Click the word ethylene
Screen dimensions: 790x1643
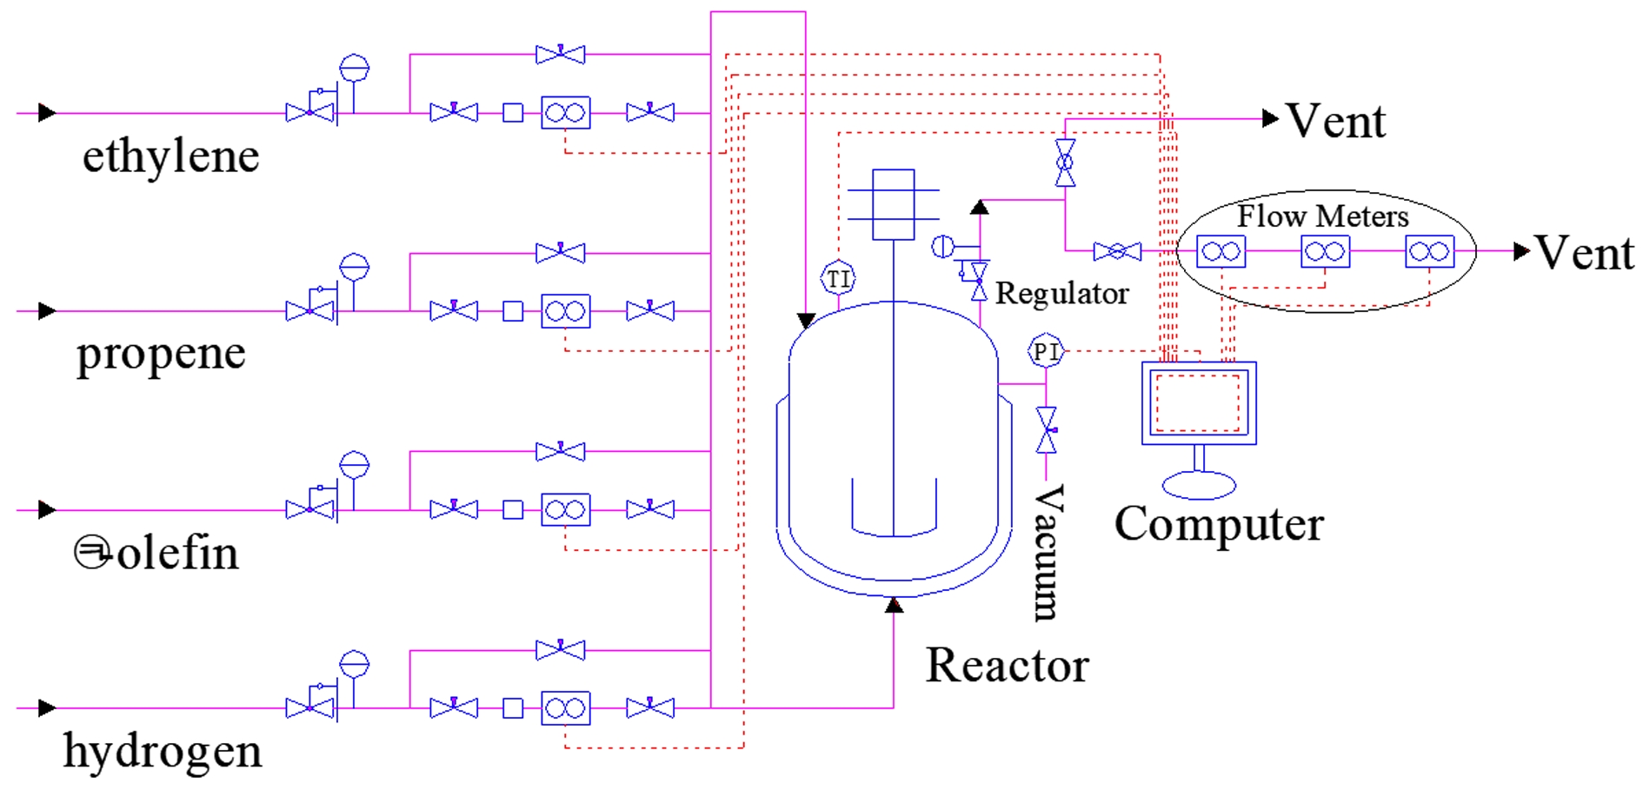pos(170,156)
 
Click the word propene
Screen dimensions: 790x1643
pos(161,354)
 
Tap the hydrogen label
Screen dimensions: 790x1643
pos(163,750)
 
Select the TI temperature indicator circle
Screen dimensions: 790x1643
pos(838,279)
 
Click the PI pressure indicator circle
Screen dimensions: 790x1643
pos(1045,351)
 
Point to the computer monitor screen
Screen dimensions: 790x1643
pos(1198,402)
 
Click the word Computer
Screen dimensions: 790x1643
pos(1219,524)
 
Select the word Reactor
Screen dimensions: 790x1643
pos(1007,665)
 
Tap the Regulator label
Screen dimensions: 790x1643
pos(1061,294)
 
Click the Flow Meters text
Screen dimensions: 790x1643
pos(1322,216)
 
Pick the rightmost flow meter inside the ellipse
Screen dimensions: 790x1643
pos(1429,252)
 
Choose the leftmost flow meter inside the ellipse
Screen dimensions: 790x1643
pos(1221,252)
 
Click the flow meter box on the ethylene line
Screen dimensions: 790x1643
pos(565,113)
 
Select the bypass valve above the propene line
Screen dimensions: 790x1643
pos(561,253)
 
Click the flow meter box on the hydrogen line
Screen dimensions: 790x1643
pos(565,709)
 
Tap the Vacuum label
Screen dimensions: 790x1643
pos(1047,553)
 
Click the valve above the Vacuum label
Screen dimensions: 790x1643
pos(1047,430)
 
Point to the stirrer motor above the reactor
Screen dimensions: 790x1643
pos(894,204)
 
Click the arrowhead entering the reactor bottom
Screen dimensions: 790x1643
pos(894,606)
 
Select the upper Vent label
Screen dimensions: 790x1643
pos(1335,121)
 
